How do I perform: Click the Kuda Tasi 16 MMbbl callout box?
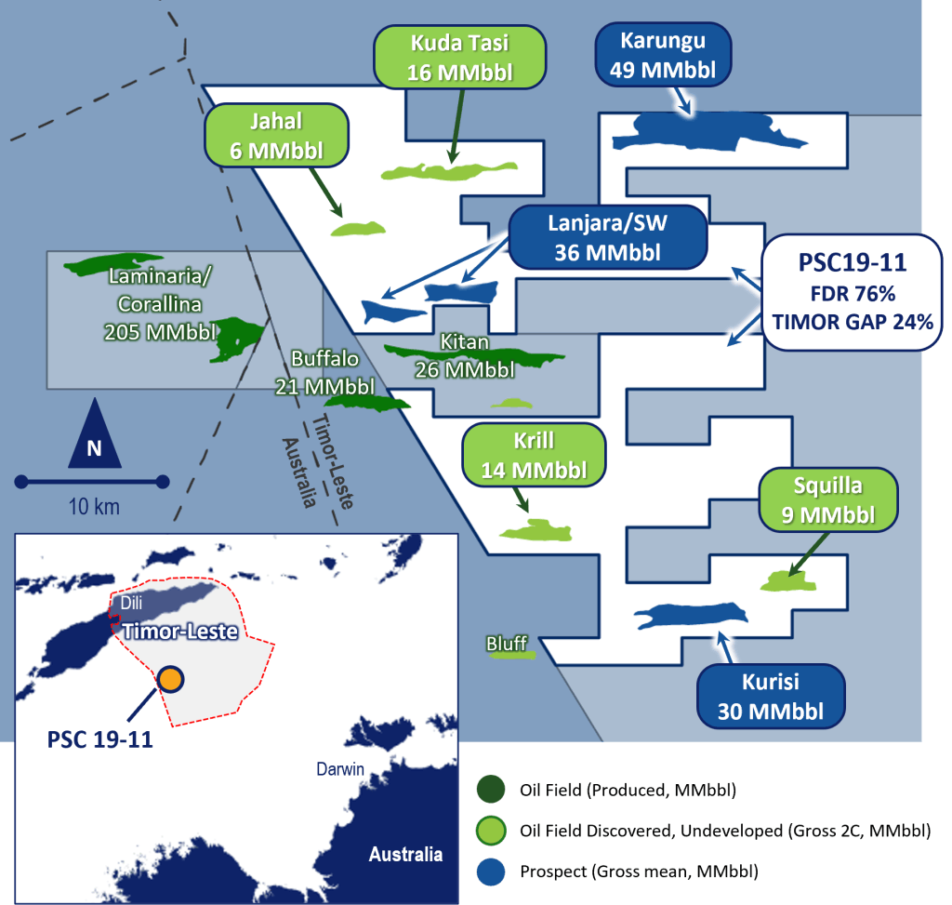click(459, 57)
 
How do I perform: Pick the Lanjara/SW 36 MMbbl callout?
click(607, 236)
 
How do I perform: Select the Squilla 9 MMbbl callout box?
click(827, 500)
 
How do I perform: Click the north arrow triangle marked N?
click(94, 435)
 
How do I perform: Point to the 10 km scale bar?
click(89, 482)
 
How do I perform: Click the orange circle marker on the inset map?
click(169, 679)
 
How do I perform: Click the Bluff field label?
click(507, 644)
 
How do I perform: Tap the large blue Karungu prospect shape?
click(707, 133)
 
